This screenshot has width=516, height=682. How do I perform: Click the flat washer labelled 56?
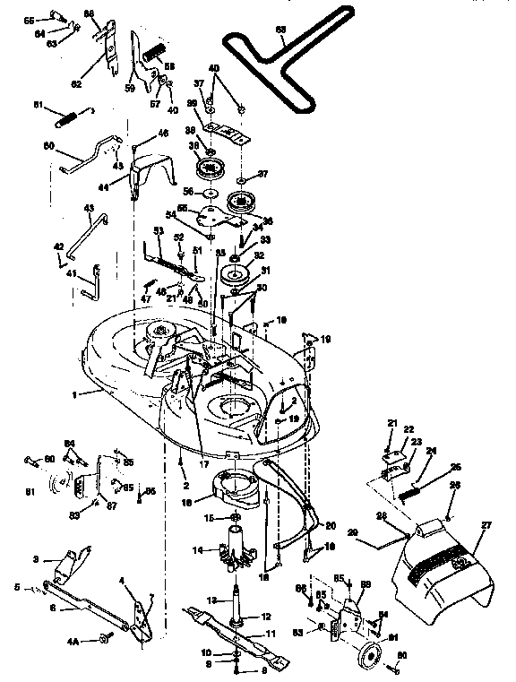tap(211, 193)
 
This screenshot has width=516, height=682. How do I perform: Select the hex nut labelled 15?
tap(234, 518)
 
